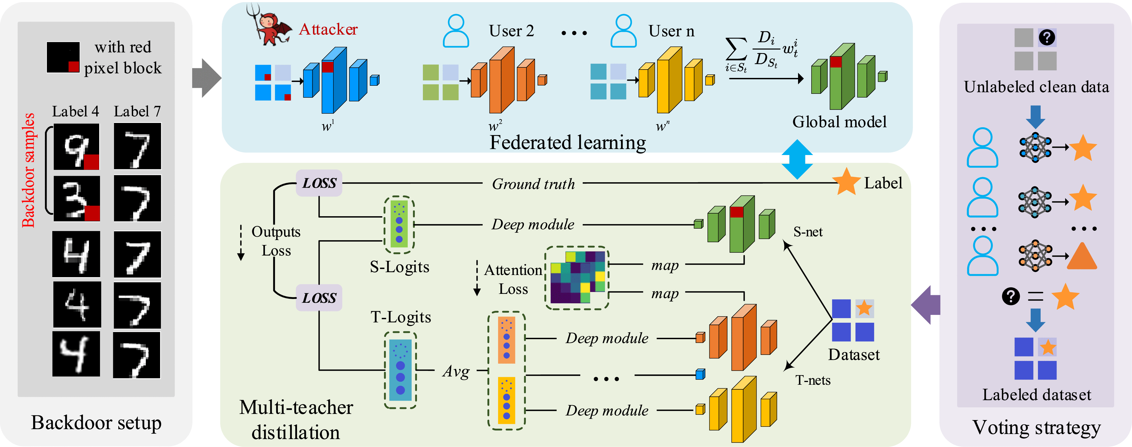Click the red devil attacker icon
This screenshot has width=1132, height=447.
[272, 26]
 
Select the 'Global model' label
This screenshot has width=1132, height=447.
[839, 122]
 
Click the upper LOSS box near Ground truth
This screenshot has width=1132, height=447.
[319, 183]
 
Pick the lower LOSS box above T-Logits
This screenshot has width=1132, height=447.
[319, 298]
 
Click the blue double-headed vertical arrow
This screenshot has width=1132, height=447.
[797, 159]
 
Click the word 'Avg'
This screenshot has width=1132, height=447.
[456, 372]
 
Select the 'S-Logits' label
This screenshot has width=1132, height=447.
[399, 267]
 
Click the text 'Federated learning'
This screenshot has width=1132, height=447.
[568, 142]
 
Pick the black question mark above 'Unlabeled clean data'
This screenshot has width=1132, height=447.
[1047, 37]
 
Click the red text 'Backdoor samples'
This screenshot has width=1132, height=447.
[29, 171]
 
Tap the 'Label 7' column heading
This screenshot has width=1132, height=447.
[137, 111]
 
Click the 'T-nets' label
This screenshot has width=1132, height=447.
[813, 380]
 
